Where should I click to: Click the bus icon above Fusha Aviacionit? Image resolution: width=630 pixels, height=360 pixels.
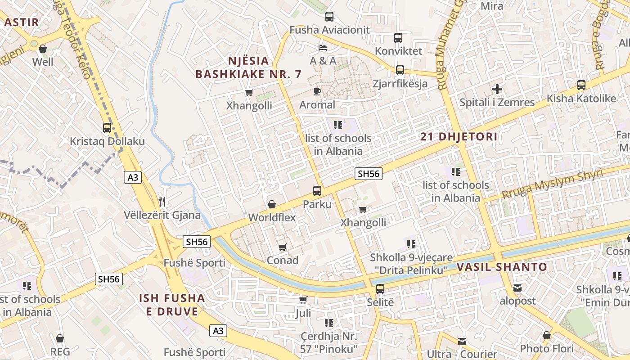coord(329,17)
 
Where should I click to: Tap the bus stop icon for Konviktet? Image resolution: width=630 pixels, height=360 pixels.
coord(398,38)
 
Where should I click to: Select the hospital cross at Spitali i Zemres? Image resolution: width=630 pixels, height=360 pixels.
coord(497,89)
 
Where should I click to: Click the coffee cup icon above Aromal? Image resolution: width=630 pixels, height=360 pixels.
coord(317,92)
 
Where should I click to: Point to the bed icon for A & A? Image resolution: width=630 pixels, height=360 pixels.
coord(323,47)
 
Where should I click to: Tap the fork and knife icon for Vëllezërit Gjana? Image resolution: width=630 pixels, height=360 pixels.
coord(162,202)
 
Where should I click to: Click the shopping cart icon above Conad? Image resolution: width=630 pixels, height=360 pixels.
coord(283,247)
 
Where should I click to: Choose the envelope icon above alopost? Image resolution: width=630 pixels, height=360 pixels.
coord(517,288)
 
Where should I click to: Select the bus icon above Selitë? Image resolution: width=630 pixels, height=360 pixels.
coord(380,289)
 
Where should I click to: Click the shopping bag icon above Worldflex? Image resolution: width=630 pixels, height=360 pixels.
coord(272,204)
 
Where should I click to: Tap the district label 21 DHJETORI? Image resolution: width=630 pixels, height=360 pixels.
coord(459,137)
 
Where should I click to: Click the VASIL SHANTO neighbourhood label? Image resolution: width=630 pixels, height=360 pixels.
coord(502,267)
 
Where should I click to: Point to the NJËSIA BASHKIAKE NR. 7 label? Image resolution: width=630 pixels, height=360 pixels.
coord(248,67)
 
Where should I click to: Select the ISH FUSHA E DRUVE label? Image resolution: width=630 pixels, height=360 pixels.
coord(172,305)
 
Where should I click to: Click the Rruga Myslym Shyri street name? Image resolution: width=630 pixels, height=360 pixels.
coord(552,184)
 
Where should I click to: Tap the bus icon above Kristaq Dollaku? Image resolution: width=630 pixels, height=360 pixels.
coord(107,128)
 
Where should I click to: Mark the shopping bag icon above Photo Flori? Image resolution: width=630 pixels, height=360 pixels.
coord(547,335)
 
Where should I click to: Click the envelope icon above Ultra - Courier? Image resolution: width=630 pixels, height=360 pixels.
coord(462,341)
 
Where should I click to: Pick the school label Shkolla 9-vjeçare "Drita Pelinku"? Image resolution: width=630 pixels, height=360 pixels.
coord(409,264)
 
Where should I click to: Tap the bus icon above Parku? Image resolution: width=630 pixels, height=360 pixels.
coord(317,191)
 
